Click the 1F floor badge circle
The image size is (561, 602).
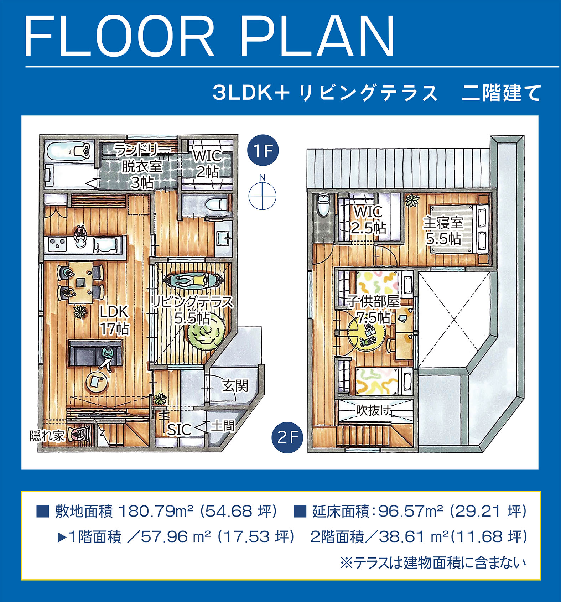coord(263,150)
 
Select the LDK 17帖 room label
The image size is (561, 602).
coord(114,320)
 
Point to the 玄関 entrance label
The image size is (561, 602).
coord(235,385)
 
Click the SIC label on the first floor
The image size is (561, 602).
coord(179,430)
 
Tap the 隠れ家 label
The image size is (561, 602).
coord(47,436)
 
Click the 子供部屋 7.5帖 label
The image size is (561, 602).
coord(374,309)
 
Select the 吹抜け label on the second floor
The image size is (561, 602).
coord(374,410)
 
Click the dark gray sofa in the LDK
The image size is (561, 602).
coord(96,353)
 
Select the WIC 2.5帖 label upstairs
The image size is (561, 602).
coord(369,220)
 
